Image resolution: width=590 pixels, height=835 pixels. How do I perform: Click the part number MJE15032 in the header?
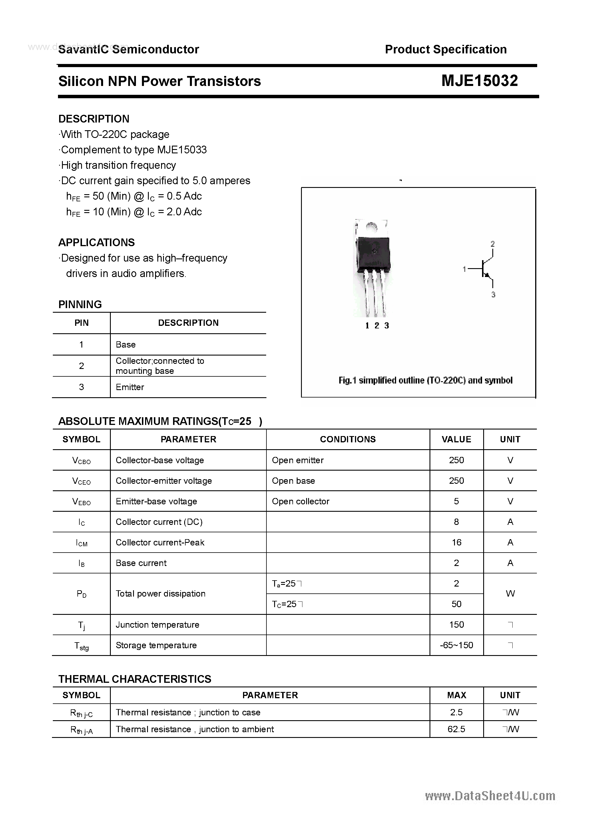[479, 81]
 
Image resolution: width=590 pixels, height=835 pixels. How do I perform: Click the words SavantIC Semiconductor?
[129, 49]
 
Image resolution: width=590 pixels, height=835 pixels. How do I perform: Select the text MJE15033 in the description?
[182, 150]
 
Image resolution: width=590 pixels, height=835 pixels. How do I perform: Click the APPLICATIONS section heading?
[97, 242]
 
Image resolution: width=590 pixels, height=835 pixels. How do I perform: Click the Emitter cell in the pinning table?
[130, 387]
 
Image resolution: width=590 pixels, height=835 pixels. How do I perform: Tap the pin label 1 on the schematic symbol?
[464, 269]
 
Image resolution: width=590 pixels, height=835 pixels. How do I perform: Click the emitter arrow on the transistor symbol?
[487, 275]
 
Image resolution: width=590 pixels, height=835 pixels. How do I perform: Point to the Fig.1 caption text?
[425, 380]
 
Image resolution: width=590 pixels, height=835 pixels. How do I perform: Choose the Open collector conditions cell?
[300, 501]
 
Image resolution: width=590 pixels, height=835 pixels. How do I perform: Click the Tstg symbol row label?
[81, 646]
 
